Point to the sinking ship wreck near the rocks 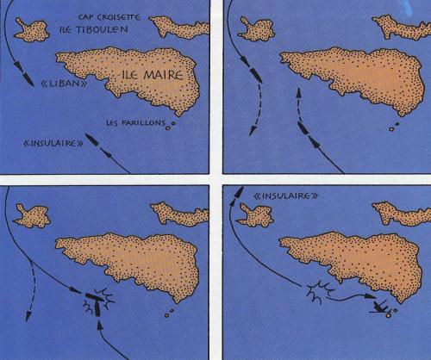(x=380, y=306)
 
